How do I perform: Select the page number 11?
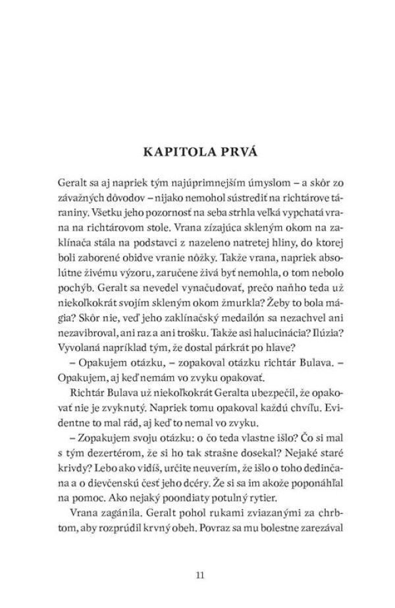tap(200, 575)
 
